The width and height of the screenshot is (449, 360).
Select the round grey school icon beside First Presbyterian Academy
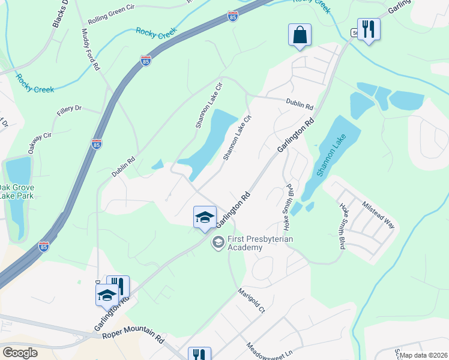tap(217, 242)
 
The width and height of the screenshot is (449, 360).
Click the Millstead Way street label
tap(378, 214)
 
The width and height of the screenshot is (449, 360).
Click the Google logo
tap(20, 352)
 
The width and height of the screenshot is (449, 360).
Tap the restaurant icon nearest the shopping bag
tap(369, 29)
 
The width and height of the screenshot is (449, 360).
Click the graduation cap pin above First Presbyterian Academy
tap(205, 217)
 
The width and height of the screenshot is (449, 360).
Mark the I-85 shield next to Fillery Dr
tap(97, 143)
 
